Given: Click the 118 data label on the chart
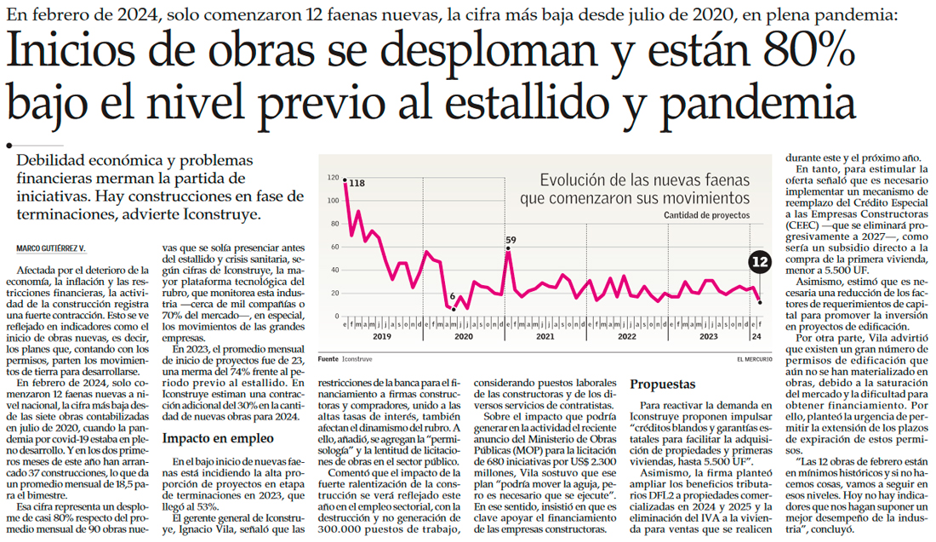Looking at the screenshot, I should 357,183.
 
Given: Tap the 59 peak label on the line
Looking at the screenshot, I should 511,240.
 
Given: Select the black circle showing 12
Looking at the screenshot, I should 760,262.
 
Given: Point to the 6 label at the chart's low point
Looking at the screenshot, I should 453,296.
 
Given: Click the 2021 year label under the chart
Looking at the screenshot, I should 546,336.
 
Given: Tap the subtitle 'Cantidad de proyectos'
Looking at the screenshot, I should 706,216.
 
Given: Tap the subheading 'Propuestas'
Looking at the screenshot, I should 663,385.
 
